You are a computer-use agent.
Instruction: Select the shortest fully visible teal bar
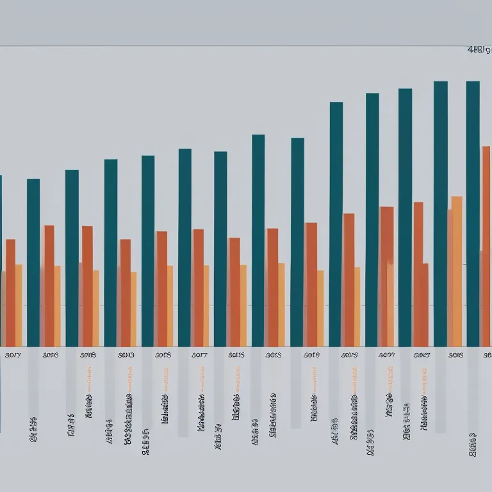pos(33,263)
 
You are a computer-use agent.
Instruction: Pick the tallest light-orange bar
pos(457,269)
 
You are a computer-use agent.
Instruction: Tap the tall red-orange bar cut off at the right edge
pos(486,243)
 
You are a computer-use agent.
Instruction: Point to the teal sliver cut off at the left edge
pos(1,256)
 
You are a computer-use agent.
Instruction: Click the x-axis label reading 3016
pos(50,354)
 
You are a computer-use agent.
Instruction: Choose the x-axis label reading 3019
pos(311,354)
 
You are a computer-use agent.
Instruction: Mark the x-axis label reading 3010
pos(126,354)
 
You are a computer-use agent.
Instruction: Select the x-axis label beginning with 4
pos(386,354)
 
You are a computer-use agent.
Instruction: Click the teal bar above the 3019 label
pos(297,243)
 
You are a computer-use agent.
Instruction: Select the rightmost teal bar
pos(473,211)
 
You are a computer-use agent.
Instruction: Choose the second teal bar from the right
pos(441,211)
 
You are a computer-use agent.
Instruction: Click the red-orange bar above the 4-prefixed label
pos(386,275)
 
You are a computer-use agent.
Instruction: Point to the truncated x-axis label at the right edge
pos(488,354)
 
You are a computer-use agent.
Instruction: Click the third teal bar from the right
pos(405,218)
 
